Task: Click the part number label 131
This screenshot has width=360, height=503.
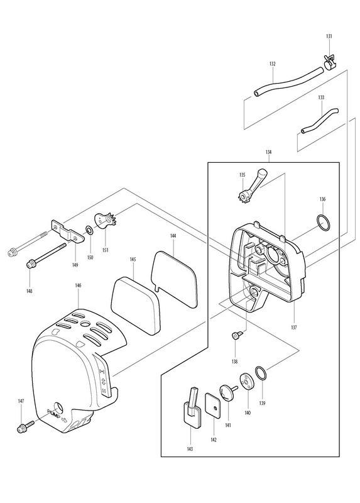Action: pos(329,36)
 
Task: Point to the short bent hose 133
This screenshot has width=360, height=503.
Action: pos(320,121)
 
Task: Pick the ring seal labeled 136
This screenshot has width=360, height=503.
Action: pos(323,223)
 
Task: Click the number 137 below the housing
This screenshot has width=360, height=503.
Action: pos(294,328)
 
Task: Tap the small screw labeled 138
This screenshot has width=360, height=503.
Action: pos(237,335)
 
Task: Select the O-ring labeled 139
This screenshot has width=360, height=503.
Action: pos(261,373)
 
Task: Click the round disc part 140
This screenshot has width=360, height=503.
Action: pos(246,381)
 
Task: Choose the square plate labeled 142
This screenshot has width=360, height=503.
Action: pos(213,406)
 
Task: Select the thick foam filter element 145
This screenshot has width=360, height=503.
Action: pos(135,306)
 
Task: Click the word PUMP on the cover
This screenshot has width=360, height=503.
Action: pos(54,413)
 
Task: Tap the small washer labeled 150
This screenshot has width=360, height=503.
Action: pos(89,230)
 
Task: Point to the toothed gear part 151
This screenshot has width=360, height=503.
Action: pos(106,221)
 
